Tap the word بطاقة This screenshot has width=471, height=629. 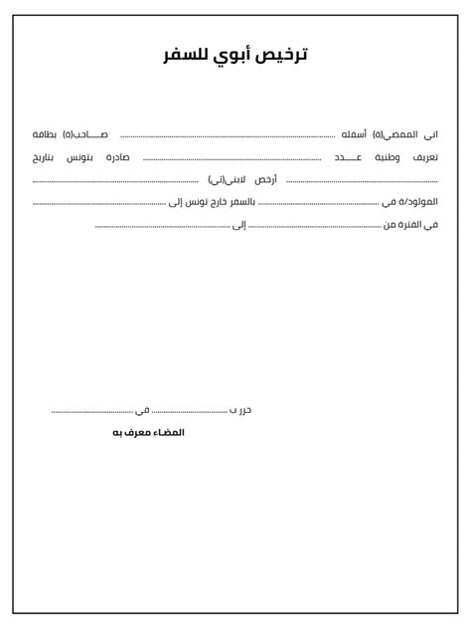tap(46, 134)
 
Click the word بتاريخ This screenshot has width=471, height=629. tap(47, 157)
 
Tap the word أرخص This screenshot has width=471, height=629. tap(265, 180)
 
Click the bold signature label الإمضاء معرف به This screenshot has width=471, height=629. tap(149, 432)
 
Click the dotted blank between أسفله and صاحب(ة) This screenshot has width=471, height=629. tap(228, 136)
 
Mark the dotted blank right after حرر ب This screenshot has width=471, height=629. tap(190, 411)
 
